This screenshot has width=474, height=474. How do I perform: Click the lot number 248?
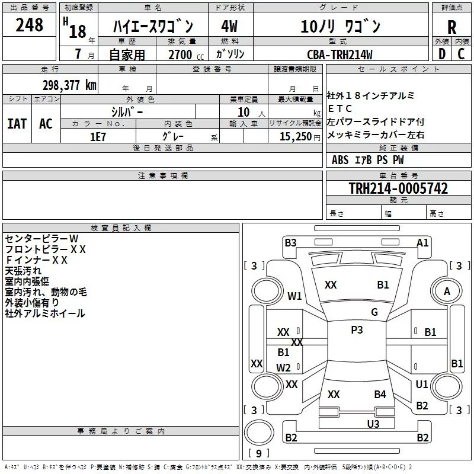click(30, 25)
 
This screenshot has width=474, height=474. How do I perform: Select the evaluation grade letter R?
click(452, 27)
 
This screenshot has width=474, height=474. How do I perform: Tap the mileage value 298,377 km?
click(69, 85)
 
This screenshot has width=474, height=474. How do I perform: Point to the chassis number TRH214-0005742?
click(398, 189)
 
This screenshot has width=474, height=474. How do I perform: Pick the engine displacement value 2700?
click(180, 55)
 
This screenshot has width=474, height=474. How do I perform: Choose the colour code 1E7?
click(98, 136)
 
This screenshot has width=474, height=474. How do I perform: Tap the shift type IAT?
click(17, 124)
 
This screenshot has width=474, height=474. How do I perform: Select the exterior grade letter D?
click(441, 55)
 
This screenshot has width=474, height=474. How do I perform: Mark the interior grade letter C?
click(462, 55)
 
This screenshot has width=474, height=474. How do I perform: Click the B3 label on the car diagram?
click(290, 242)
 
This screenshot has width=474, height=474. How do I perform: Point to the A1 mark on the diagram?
click(422, 242)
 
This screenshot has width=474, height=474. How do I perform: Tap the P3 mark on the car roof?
click(357, 330)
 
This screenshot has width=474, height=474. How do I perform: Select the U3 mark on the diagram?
click(373, 424)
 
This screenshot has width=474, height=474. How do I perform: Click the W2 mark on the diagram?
click(284, 368)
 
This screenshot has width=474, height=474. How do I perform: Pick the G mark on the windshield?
click(374, 312)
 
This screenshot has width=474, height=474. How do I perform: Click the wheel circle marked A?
click(447, 292)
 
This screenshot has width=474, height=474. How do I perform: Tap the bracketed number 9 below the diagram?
click(258, 454)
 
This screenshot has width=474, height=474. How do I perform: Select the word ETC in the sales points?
click(340, 108)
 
